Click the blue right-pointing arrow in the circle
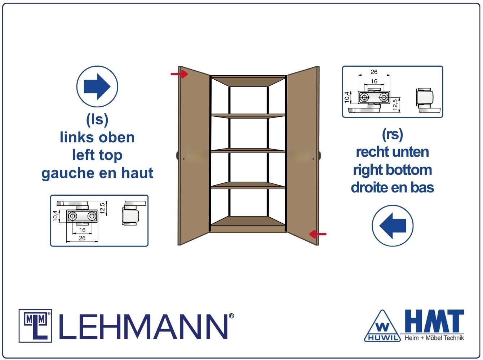pyautogui.click(x=97, y=86)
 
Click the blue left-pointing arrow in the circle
pyautogui.click(x=393, y=226)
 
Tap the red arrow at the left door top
pyautogui.click(x=180, y=74)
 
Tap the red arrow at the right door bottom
pyautogui.click(x=318, y=234)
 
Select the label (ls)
pyautogui.click(x=97, y=120)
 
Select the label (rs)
pyautogui.click(x=392, y=134)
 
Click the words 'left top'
pyautogui.click(x=97, y=155)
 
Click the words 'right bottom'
pyautogui.click(x=393, y=170)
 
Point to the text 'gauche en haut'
pyautogui.click(x=97, y=173)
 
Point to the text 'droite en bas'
pyautogui.click(x=393, y=187)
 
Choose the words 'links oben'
pyautogui.click(x=97, y=138)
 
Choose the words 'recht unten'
pyautogui.click(x=393, y=152)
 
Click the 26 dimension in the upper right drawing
pyautogui.click(x=374, y=72)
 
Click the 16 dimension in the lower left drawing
pyautogui.click(x=82, y=230)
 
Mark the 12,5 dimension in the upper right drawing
pyautogui.click(x=395, y=105)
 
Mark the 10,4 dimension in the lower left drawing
pyautogui.click(x=55, y=216)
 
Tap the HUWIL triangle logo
pyautogui.click(x=382, y=326)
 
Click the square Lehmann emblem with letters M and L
pyautogui.click(x=35, y=325)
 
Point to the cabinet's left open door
pyautogui.click(x=194, y=155)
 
